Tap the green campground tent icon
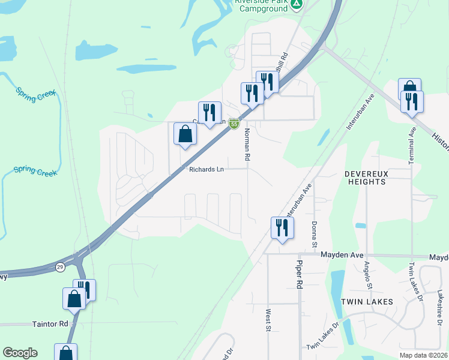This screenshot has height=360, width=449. pyautogui.click(x=296, y=5)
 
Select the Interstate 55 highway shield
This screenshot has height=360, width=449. pyautogui.click(x=234, y=124)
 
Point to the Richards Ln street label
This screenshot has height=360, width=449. pyautogui.click(x=206, y=170)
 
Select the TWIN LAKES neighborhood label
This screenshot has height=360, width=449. pyautogui.click(x=367, y=302)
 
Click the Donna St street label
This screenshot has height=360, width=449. pyautogui.click(x=314, y=234)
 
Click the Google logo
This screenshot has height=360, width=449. pyautogui.click(x=20, y=353)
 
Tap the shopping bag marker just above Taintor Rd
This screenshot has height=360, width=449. pyautogui.click(x=74, y=299)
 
